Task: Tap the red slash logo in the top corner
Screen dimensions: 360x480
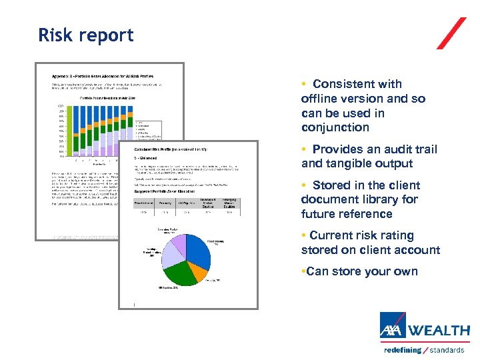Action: click(x=451, y=33)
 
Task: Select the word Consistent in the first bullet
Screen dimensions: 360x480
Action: click(x=357, y=84)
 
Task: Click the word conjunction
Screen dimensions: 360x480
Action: click(x=335, y=127)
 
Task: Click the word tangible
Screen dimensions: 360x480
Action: click(x=353, y=163)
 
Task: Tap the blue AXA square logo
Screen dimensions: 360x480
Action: click(x=393, y=326)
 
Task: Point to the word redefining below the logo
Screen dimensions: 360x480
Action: click(x=403, y=350)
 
